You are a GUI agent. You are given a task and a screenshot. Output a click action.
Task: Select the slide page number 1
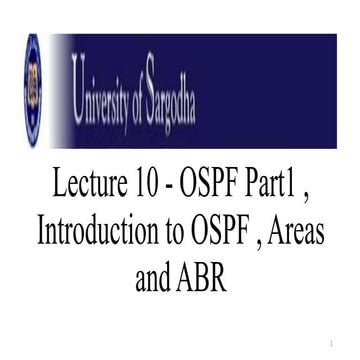pyautogui.click(x=341, y=342)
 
